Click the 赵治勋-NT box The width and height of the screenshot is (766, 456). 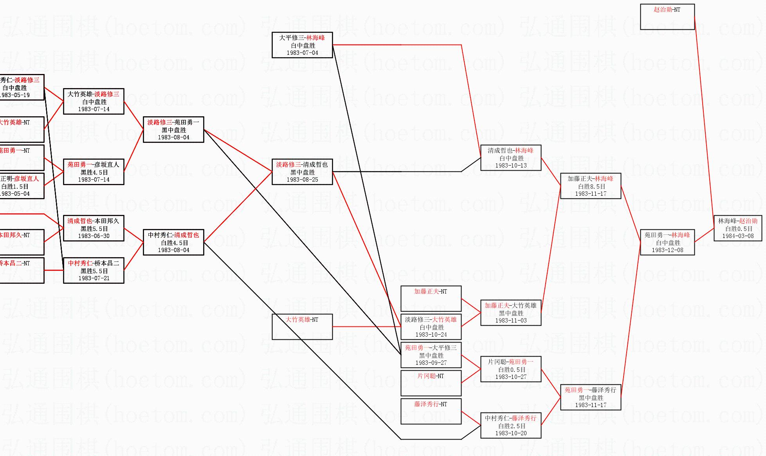coord(667,17)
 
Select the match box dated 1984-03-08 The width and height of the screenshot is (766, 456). coord(738,228)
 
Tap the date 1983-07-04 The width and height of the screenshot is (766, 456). coord(302,53)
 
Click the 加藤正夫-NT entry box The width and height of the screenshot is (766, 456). coord(431,299)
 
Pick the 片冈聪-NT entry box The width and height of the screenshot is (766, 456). coord(431,383)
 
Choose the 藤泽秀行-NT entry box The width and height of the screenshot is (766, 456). coord(431,411)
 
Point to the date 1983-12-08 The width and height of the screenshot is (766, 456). coord(667,250)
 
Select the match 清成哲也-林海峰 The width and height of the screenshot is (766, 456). coord(510,151)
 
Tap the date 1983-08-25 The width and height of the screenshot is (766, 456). coord(302,180)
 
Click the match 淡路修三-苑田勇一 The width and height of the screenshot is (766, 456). coord(173,123)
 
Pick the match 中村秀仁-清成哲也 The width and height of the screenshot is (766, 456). coord(173,235)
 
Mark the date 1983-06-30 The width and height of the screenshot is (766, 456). coord(94,236)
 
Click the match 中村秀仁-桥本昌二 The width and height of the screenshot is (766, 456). coord(94,263)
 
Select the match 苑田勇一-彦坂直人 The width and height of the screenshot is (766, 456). coord(93,165)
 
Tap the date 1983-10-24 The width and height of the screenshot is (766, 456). coord(431,335)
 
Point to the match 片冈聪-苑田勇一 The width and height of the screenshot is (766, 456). coord(510,362)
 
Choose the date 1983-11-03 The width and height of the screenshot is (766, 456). coord(511,321)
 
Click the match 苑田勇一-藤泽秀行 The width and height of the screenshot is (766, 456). coord(590,390)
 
